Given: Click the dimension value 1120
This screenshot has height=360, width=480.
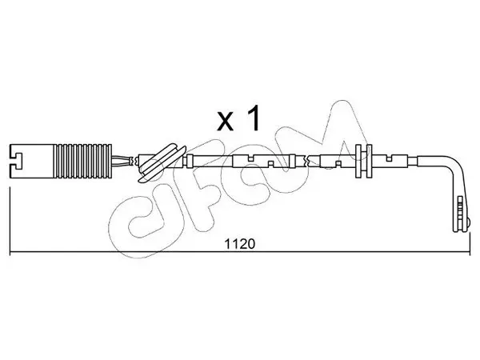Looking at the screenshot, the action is click(x=240, y=244).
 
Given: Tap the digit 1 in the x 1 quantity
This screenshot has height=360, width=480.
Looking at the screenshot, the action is click(x=253, y=118).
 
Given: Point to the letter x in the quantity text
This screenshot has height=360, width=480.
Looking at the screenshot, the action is click(x=225, y=122).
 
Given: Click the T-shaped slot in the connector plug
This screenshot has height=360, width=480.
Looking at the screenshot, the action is click(x=16, y=161).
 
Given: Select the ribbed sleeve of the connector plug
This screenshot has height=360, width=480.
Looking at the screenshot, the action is click(x=83, y=161).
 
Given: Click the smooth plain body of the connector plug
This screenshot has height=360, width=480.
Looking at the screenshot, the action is click(x=32, y=161).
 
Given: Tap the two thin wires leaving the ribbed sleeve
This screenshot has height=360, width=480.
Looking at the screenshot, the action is click(x=121, y=161).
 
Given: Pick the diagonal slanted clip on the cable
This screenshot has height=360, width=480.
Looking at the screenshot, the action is click(x=162, y=163).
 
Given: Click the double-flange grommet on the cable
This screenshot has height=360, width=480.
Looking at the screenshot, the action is click(x=363, y=161).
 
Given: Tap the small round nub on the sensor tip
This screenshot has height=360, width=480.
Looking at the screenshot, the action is click(x=468, y=222).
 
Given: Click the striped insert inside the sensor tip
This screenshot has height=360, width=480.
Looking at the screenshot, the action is click(x=459, y=211).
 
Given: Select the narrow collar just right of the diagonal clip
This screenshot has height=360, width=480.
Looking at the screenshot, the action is click(x=190, y=161).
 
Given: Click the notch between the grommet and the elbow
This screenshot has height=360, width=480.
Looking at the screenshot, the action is click(x=389, y=158).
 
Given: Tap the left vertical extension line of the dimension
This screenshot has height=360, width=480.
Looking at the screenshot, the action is click(x=10, y=221).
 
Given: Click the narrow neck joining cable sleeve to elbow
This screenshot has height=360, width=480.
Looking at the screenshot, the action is click(x=412, y=161).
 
